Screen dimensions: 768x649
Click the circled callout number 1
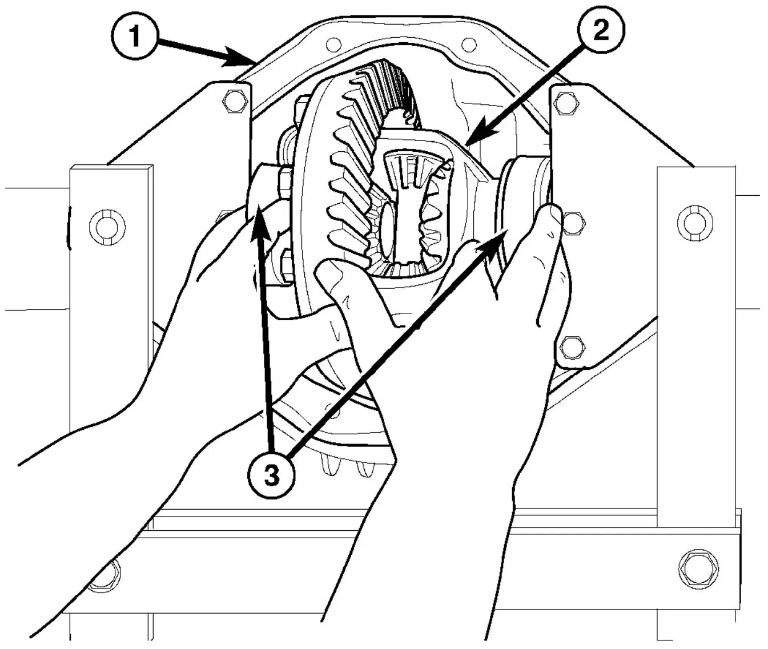[x=135, y=38]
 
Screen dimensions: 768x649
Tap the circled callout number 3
[x=272, y=475]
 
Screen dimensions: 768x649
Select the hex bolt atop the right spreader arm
[x=564, y=99]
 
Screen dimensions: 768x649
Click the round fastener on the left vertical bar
[x=107, y=226]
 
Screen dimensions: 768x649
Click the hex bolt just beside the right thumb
[x=573, y=223]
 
